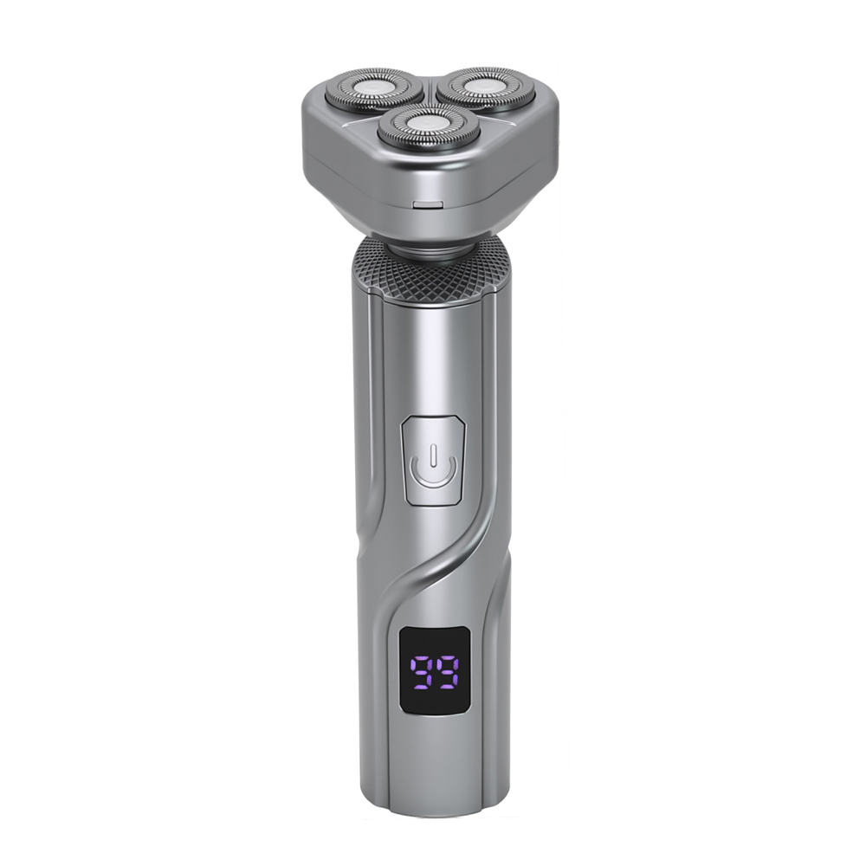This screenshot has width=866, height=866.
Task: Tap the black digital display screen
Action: pyautogui.click(x=435, y=669)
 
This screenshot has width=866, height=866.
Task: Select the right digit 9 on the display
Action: pyautogui.click(x=448, y=672)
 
